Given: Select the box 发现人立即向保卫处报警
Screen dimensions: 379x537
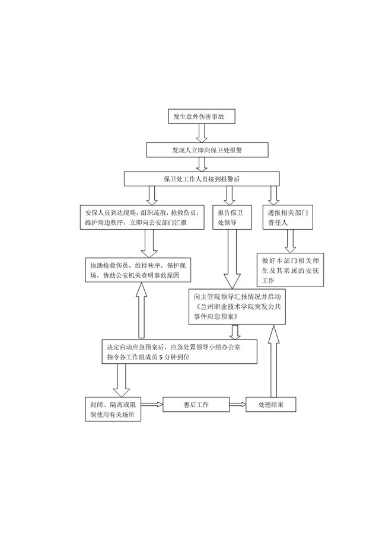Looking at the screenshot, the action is (207, 150).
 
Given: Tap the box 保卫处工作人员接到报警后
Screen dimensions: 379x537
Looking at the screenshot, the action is (202, 179).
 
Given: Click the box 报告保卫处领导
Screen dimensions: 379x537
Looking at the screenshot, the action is (232, 217).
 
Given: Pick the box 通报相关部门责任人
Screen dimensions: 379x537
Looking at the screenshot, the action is (288, 217).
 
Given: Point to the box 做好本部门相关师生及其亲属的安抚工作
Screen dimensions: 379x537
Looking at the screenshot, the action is (290, 270).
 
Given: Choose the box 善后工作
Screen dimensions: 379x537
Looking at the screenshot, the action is (196, 405).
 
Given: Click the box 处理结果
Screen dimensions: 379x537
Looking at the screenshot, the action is (271, 405).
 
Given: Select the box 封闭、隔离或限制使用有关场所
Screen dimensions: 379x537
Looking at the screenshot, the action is (113, 409).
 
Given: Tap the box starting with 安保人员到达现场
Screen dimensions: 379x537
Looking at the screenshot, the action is (142, 217).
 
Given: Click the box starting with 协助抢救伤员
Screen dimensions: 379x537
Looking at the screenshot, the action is (138, 270).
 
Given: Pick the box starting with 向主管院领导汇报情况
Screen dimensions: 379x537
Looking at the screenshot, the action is (237, 307).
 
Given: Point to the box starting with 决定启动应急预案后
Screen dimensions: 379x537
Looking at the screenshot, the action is (179, 351).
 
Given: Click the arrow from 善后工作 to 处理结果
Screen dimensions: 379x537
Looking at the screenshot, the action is (238, 405).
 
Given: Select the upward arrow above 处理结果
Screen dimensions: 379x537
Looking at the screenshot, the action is (273, 361).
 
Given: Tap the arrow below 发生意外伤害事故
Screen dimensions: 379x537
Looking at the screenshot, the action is (202, 133).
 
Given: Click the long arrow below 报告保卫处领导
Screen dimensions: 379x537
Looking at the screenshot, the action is (232, 259).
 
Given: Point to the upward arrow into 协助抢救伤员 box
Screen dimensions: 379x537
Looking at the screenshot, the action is (141, 310).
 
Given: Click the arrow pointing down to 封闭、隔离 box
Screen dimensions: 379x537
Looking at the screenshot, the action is (121, 380).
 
